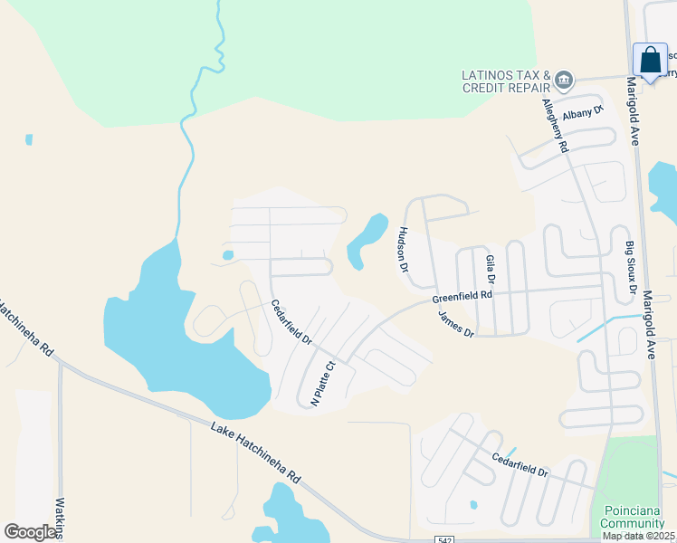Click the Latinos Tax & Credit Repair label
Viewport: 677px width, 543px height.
pos(506,81)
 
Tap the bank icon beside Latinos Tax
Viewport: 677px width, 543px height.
pos(564,80)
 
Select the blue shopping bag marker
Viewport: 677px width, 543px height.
pos(650,62)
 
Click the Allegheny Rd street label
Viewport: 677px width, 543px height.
pos(553,123)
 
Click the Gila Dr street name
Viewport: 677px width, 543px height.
pos(491,267)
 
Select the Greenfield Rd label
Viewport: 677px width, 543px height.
pos(462,295)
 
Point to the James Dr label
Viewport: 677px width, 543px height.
pos(456,323)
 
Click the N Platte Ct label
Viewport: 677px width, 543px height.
pos(323,384)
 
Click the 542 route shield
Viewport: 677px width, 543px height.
pos(443,539)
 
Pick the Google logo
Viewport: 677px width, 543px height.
pos(31,532)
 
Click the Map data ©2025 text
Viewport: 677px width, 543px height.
pos(638,536)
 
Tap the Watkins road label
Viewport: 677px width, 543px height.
pos(60,517)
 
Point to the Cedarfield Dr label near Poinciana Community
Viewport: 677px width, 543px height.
pos(520,466)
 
